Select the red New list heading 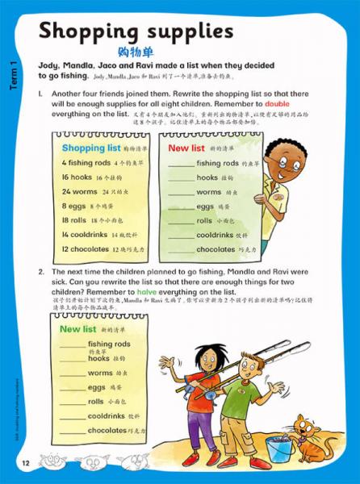pyautogui.click(x=188, y=148)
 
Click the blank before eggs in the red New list pyautogui.click(x=181, y=207)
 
